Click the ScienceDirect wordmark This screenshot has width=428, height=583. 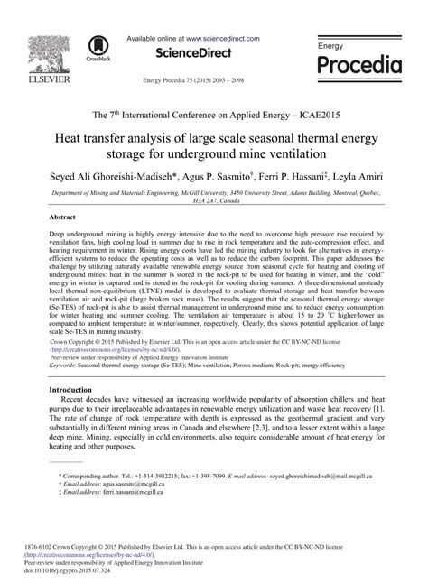click(197, 53)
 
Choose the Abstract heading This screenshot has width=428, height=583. click(61, 218)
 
